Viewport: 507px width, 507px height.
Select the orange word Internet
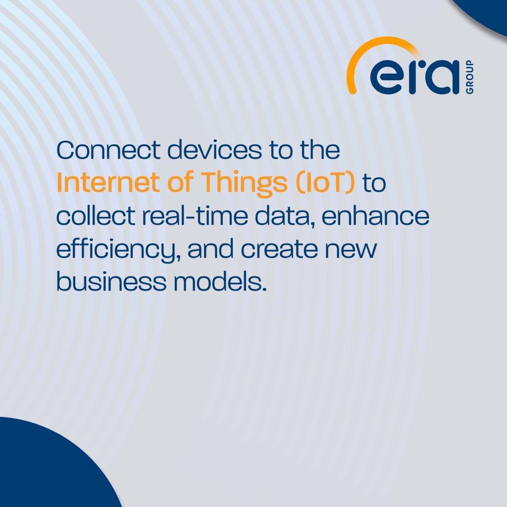[x=108, y=183]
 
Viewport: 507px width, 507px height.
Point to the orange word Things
[x=245, y=184]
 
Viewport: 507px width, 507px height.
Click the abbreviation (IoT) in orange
[x=325, y=183]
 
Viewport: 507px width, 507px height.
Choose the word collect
[x=96, y=216]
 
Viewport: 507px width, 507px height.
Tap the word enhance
[x=375, y=216]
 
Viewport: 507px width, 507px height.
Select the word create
[x=279, y=249]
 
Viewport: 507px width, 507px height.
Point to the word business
[x=111, y=281]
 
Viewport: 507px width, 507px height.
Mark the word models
[x=220, y=281]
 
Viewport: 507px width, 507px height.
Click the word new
[x=351, y=251]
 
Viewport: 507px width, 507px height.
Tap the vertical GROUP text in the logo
[x=470, y=77]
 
